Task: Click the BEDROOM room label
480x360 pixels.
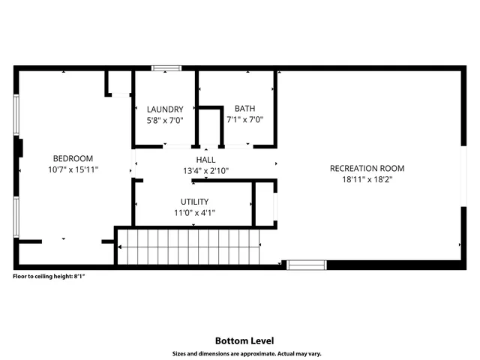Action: tap(73, 158)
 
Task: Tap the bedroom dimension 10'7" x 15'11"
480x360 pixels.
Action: tap(73, 169)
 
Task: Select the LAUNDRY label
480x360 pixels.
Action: tap(165, 109)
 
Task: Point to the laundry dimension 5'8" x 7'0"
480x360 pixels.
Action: tap(165, 120)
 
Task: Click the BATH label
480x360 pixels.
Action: tap(244, 109)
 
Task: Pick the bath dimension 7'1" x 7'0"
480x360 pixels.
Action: tap(244, 120)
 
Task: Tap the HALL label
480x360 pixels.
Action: tap(205, 160)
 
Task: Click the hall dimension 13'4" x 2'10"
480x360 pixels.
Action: tap(205, 171)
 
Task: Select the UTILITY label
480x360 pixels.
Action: tap(194, 202)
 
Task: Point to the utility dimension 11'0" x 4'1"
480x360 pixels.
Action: tap(194, 213)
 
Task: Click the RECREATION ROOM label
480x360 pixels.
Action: tap(367, 168)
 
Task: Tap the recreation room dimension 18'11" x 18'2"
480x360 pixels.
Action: tap(367, 180)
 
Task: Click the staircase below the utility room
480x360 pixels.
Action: tap(187, 247)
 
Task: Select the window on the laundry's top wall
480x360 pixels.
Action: tap(166, 68)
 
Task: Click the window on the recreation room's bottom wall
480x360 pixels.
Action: tap(306, 264)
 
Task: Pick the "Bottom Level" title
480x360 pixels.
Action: tap(239, 340)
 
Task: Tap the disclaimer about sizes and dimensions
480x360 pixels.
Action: tap(239, 352)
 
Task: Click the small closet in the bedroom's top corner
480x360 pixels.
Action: tap(118, 82)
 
